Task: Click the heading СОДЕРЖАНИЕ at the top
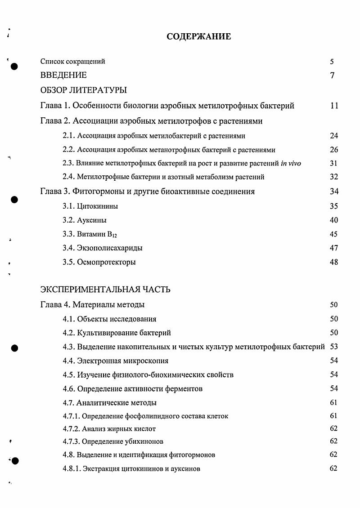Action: (198, 37)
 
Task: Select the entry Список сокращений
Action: (73, 62)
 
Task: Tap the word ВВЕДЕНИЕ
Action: (63, 76)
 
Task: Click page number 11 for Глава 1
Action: (334, 106)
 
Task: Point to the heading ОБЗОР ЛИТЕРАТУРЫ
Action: (84, 90)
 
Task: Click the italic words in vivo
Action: (291, 164)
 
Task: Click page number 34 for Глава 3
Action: (334, 192)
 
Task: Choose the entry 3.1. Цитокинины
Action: (90, 207)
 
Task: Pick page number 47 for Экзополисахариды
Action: (334, 248)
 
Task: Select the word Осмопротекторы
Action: (107, 262)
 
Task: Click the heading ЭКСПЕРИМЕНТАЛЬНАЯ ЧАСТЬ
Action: (105, 290)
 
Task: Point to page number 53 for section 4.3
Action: (334, 347)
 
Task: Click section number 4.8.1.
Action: (72, 469)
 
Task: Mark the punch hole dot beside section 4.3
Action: (14, 348)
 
